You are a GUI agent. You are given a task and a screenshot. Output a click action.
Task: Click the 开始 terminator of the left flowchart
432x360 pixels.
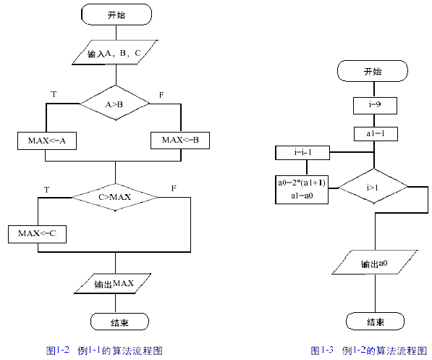click(x=116, y=14)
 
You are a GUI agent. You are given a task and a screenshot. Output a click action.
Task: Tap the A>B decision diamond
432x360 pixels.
click(x=115, y=105)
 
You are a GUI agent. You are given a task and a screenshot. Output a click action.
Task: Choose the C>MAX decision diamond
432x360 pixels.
click(x=114, y=196)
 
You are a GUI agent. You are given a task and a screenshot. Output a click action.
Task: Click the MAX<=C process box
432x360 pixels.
click(x=37, y=234)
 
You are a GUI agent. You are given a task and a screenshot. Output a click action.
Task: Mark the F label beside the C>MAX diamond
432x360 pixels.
click(x=174, y=188)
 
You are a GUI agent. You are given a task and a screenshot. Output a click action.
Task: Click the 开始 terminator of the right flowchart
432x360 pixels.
click(x=373, y=72)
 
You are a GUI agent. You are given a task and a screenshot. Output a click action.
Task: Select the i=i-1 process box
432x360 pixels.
click(x=302, y=153)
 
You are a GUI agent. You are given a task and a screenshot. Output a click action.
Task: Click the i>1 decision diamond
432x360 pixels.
click(x=373, y=188)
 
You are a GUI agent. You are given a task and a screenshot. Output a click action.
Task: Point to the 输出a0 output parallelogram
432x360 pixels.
click(x=374, y=264)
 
